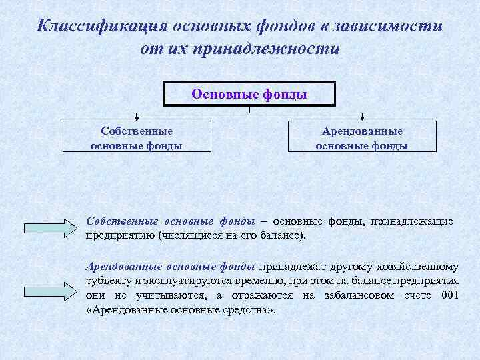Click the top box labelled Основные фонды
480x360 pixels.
[249, 94]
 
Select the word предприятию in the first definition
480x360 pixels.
[121, 235]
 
